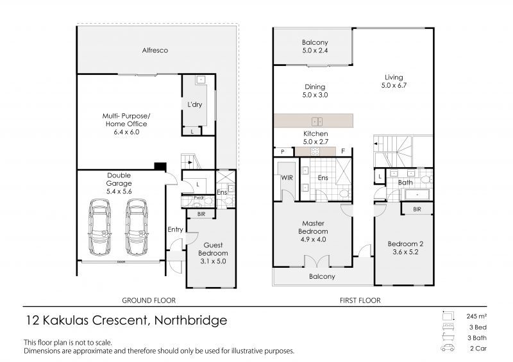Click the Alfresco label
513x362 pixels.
pyautogui.click(x=155, y=50)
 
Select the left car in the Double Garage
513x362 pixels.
pyautogui.click(x=99, y=227)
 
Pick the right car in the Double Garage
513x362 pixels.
pyautogui.click(x=136, y=227)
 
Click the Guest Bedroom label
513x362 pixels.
pyautogui.click(x=212, y=249)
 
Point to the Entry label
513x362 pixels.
pyautogui.click(x=174, y=230)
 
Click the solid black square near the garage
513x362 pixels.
pyautogui.click(x=161, y=167)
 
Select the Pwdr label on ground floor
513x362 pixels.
pyautogui.click(x=200, y=197)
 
